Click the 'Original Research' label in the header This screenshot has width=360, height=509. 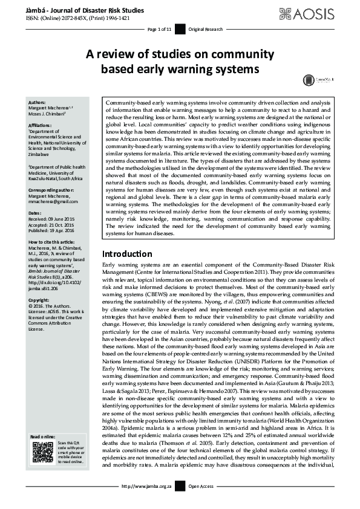click(x=205, y=29)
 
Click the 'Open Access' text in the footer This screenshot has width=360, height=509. click(x=201, y=503)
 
